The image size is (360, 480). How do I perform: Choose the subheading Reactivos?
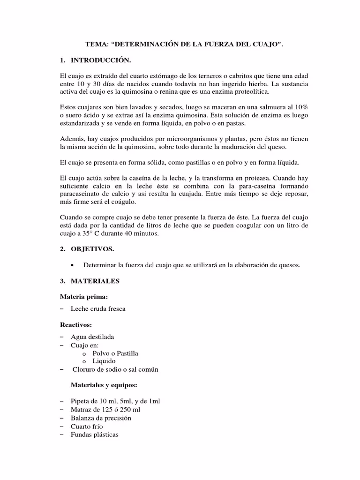click(x=76, y=324)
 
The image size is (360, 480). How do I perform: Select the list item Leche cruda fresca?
click(x=98, y=309)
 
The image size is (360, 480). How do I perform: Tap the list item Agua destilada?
click(x=92, y=337)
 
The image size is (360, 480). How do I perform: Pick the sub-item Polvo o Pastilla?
click(x=115, y=353)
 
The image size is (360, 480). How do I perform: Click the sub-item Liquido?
click(x=104, y=361)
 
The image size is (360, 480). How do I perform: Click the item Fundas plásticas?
click(x=94, y=435)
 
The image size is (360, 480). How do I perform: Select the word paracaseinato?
click(x=81, y=194)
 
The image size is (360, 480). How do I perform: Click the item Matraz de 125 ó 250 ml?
click(x=105, y=409)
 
